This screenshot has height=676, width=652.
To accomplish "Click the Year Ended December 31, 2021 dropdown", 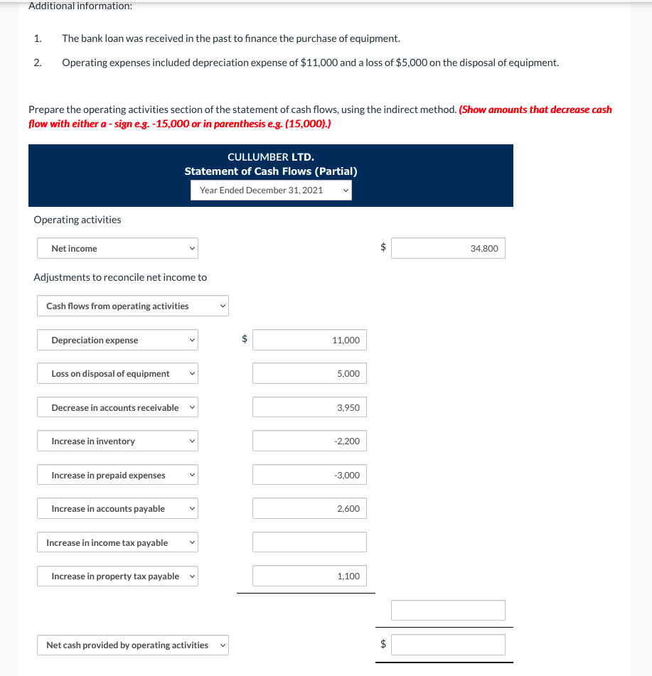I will tap(271, 190).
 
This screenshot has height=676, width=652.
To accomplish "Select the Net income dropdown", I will tap(117, 248).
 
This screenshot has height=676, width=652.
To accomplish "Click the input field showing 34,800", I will tap(448, 248).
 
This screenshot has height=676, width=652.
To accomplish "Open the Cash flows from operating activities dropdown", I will tap(133, 306).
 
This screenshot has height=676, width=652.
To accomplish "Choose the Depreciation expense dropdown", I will tap(117, 340).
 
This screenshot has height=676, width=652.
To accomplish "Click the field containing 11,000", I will tap(309, 340).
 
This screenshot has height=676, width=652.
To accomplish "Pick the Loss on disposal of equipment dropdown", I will tap(117, 373).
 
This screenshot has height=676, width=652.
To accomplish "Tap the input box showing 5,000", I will tap(309, 373).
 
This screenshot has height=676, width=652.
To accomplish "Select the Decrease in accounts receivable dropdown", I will tap(117, 407).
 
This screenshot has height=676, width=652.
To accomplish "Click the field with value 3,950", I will tap(309, 407).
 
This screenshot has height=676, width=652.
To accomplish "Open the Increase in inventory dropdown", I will tap(117, 441).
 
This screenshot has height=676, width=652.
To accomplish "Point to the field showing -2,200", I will tap(309, 441).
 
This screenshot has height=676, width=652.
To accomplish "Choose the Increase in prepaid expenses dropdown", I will tap(117, 475).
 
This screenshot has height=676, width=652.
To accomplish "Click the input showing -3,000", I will tap(309, 475).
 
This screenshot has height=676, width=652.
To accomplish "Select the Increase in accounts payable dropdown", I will tap(117, 508).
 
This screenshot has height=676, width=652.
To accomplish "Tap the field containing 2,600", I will tap(309, 508).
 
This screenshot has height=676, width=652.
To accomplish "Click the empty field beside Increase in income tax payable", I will tap(309, 542).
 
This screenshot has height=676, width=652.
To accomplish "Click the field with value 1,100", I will tap(309, 576).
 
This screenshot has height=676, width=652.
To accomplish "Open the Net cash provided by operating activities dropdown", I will tap(133, 645).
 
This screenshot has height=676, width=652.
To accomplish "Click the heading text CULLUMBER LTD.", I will tap(270, 156).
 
